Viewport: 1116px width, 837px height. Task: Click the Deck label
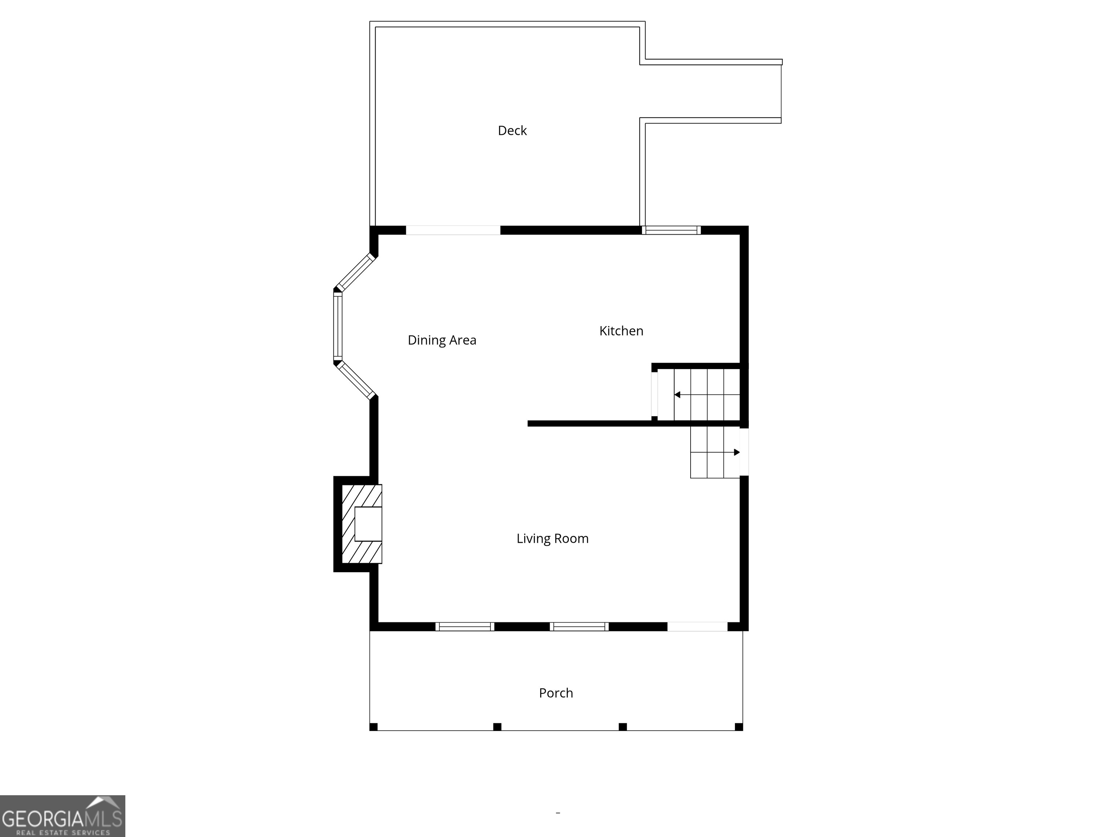click(512, 131)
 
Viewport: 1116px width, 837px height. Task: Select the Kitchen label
click(621, 331)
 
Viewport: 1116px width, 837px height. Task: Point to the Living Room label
click(553, 538)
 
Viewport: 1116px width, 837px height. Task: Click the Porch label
click(556, 693)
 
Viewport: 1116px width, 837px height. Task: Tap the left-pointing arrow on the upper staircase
click(678, 395)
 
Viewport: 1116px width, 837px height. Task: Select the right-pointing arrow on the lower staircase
click(737, 452)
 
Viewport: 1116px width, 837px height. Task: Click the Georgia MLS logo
click(62, 816)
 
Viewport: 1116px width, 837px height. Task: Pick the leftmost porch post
click(373, 727)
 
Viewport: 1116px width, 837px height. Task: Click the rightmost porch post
click(739, 727)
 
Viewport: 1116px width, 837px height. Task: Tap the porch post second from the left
click(497, 727)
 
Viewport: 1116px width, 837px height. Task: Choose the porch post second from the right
click(623, 727)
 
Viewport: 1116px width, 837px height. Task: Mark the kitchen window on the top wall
click(671, 230)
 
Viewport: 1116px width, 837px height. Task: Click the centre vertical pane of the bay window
click(337, 327)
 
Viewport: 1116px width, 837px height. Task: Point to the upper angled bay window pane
click(356, 272)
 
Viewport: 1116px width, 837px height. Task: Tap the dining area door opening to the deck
click(453, 230)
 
